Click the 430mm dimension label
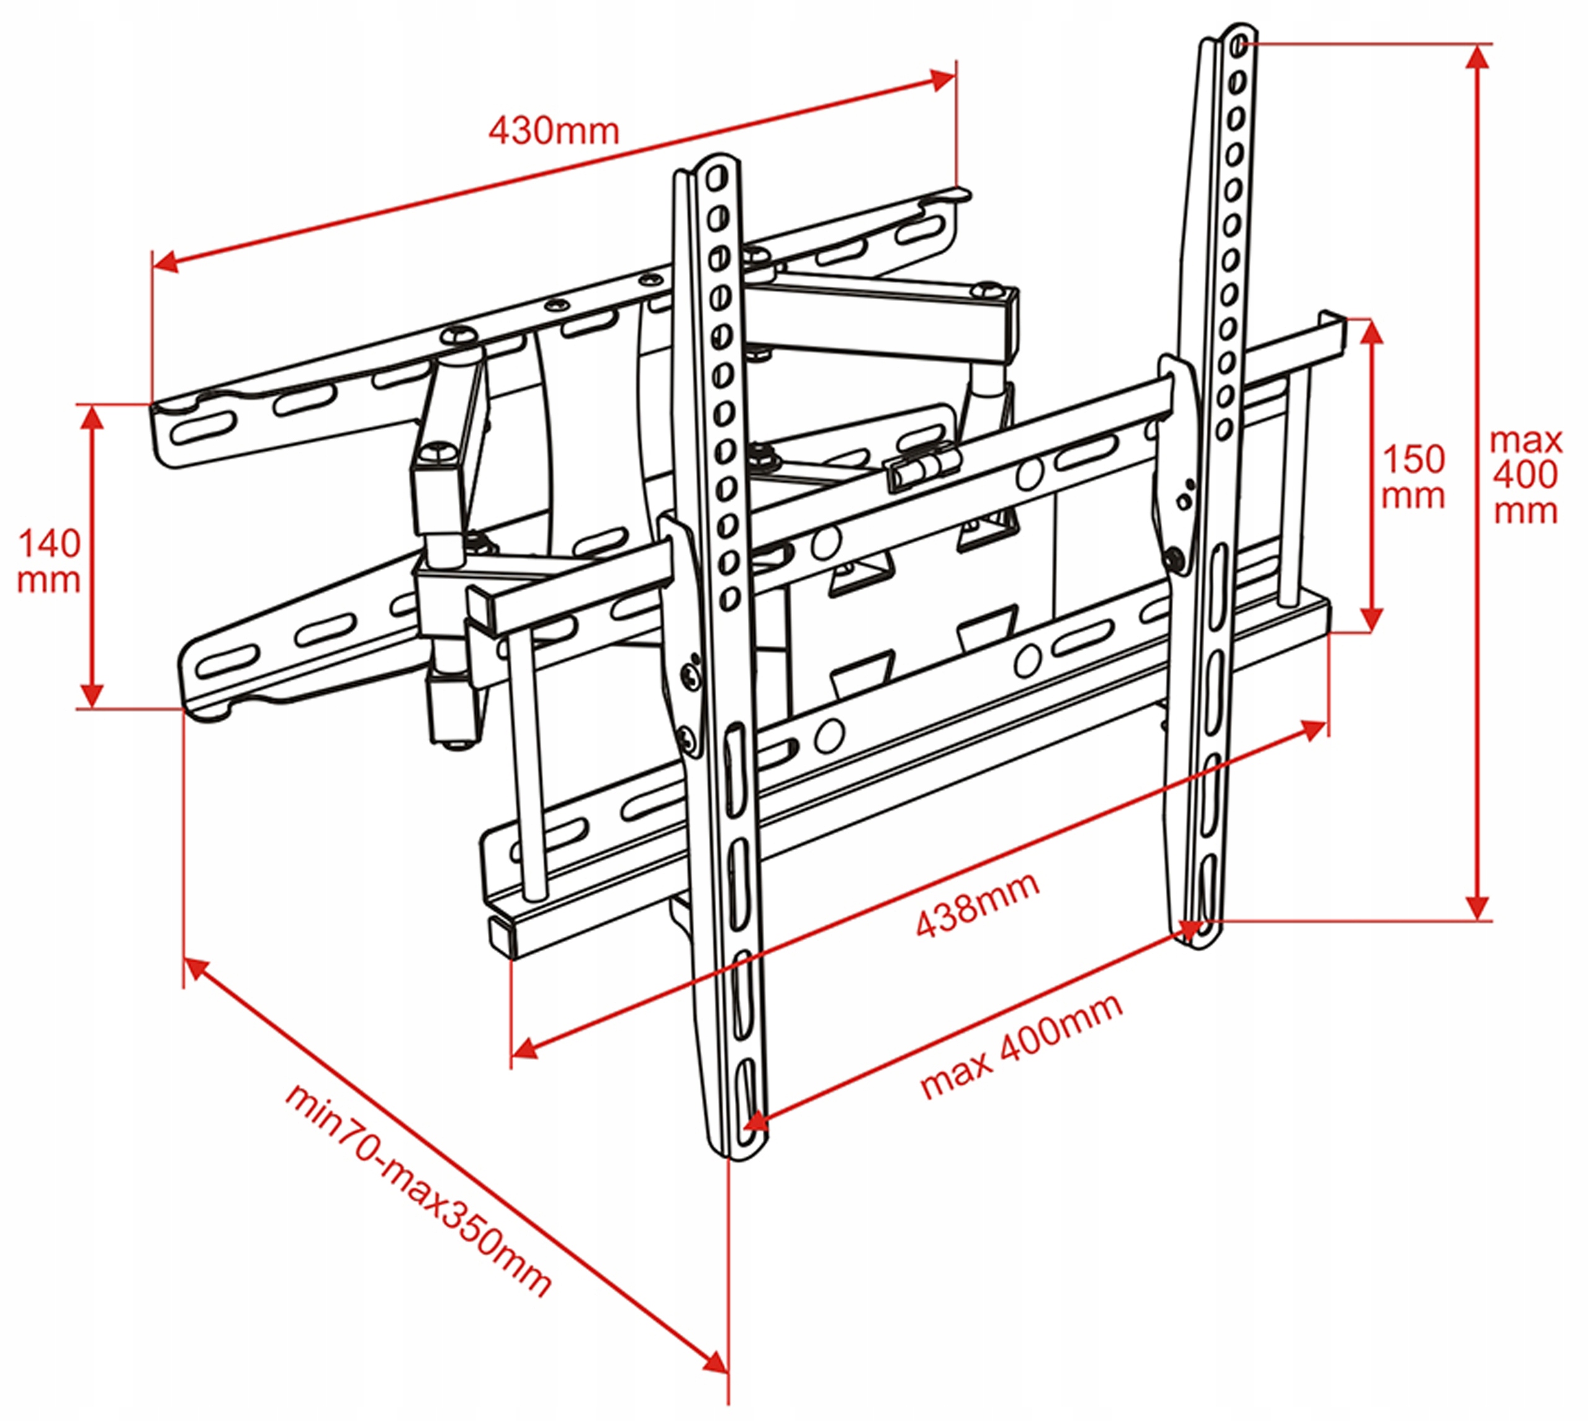click(554, 131)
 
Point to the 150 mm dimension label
click(1413, 477)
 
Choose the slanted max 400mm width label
click(1021, 1048)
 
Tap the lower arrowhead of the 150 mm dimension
click(1372, 617)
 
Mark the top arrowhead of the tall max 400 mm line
click(1477, 58)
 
